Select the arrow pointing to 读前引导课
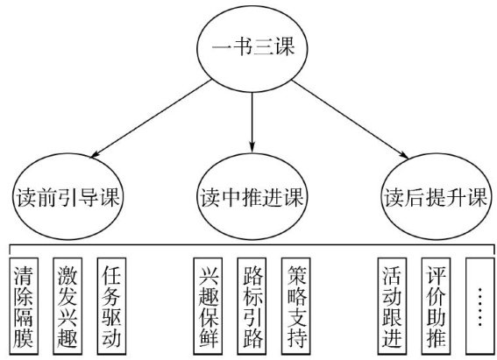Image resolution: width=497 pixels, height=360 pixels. coord(151,118)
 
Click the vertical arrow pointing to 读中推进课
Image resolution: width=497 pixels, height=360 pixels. coord(252,123)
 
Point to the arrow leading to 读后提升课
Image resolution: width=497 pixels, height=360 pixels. coord(351,119)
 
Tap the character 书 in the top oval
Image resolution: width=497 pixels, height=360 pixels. coord(243,46)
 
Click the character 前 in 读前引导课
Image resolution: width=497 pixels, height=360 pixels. coord(47,197)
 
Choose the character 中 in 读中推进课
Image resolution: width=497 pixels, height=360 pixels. coord(231,197)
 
